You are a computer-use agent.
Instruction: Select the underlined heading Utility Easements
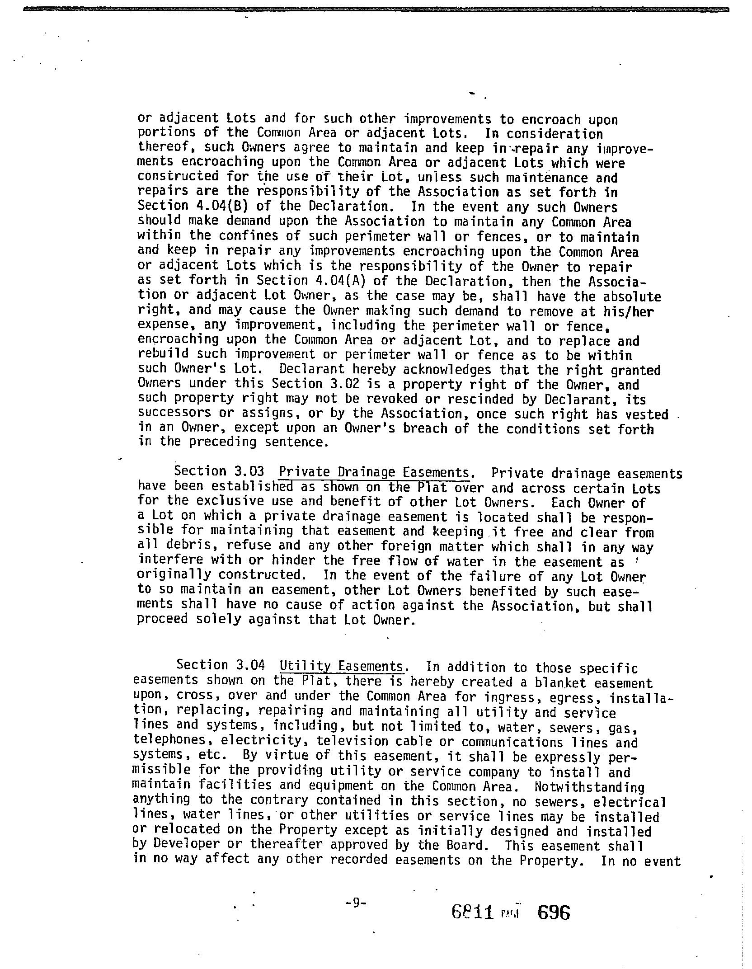coord(341,666)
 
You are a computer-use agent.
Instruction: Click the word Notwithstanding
coord(589,787)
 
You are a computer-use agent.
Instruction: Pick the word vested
coord(647,414)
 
